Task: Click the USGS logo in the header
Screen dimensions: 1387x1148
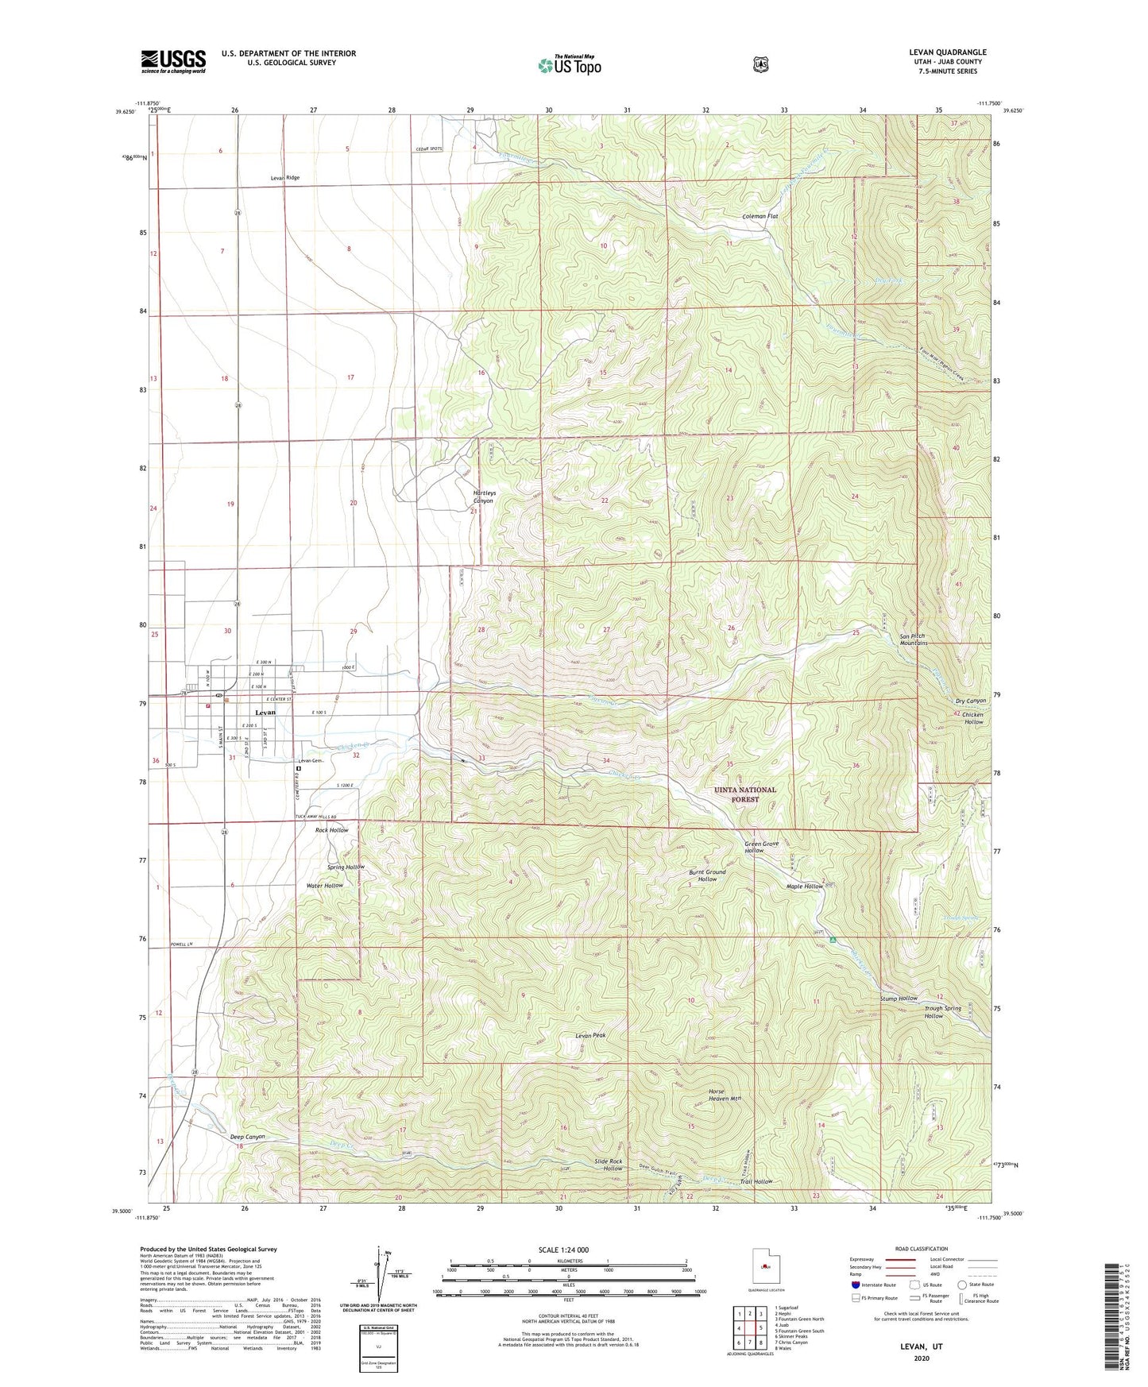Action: [x=173, y=61]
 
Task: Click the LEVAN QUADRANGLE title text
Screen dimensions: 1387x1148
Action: [x=947, y=52]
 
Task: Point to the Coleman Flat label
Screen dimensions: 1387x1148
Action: [x=760, y=216]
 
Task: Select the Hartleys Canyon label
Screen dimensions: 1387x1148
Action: [x=483, y=496]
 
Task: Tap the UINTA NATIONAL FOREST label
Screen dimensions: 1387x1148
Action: [x=744, y=794]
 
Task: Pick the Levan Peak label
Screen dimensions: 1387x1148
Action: [x=590, y=1035]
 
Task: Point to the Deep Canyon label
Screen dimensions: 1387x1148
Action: [x=247, y=1137]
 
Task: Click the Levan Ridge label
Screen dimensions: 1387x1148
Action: [x=284, y=178]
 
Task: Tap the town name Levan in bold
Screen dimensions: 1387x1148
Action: [x=265, y=712]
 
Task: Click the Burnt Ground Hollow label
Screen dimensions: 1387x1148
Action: [x=706, y=875]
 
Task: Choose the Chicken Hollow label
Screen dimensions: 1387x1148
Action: [x=972, y=718]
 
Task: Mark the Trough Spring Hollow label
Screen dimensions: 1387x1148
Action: [x=942, y=1012]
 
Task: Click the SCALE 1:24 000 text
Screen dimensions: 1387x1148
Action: [x=563, y=1250]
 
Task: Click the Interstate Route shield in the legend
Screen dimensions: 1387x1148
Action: [x=855, y=1285]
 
